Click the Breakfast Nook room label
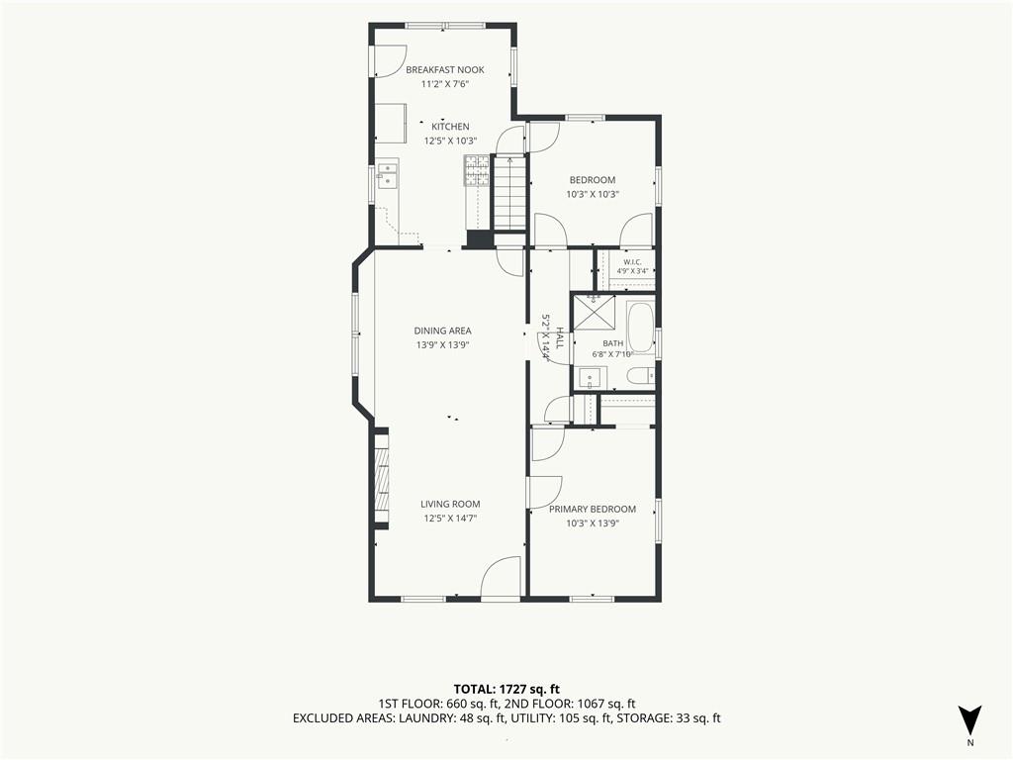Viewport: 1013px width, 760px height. coord(444,70)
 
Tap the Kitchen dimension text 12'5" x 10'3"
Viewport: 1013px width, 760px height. coord(450,141)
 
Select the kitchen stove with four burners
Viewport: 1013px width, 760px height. coord(477,170)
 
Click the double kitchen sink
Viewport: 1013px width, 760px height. coord(388,176)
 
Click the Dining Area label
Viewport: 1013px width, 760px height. coord(442,331)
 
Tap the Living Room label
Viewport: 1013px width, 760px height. coord(450,504)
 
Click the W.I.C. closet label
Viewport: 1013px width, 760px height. coord(632,261)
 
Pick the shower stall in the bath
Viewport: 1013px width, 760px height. coord(595,313)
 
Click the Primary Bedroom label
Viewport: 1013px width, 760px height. coord(593,510)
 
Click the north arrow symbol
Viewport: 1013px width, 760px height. coord(969,720)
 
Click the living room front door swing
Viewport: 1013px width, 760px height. coord(502,578)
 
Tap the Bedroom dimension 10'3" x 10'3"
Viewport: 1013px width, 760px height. coord(593,194)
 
